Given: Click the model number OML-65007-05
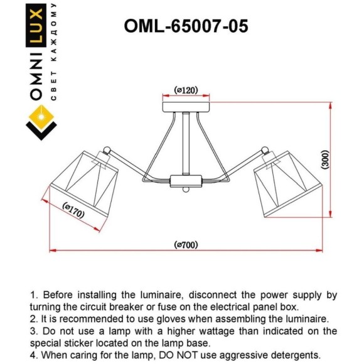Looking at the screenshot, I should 186,25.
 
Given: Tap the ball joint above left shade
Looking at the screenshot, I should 107,151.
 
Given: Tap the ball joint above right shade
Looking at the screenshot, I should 265,151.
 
